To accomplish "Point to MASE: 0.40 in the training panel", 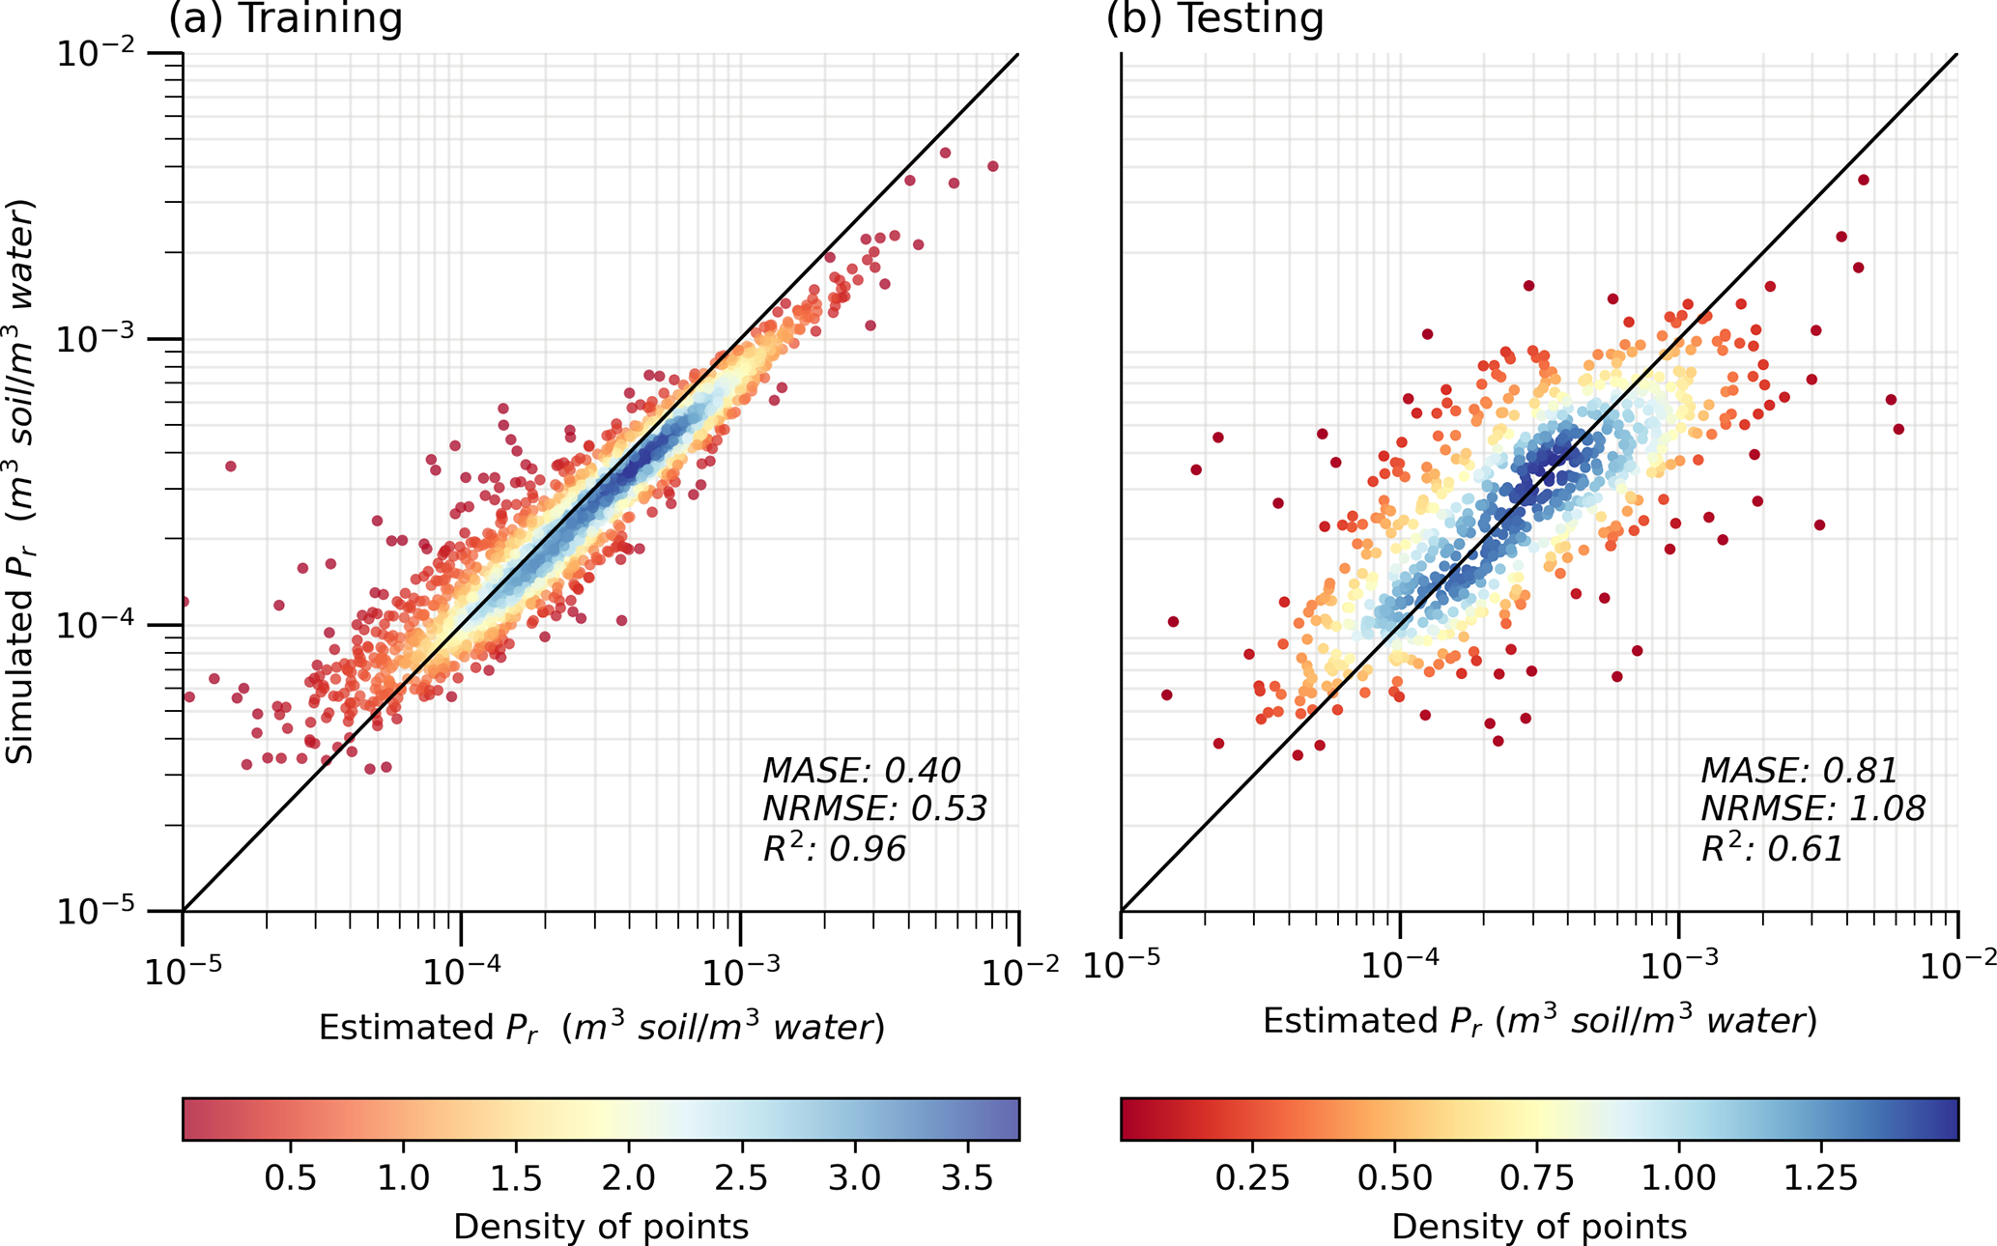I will click(861, 771).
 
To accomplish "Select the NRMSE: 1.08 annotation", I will click(1812, 809).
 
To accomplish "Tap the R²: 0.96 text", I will click(834, 849).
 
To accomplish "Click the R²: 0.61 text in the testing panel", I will click(1772, 849).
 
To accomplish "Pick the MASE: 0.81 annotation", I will click(1799, 771).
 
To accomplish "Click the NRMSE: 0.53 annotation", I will click(874, 809).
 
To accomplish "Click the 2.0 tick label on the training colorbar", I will click(629, 1178).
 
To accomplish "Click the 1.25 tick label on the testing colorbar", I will click(1821, 1178).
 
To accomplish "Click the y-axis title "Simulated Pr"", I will click(21, 483).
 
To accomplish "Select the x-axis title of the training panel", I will click(601, 1028).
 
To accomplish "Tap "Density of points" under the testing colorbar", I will click(1539, 1227).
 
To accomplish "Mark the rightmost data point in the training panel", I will click(993, 167).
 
